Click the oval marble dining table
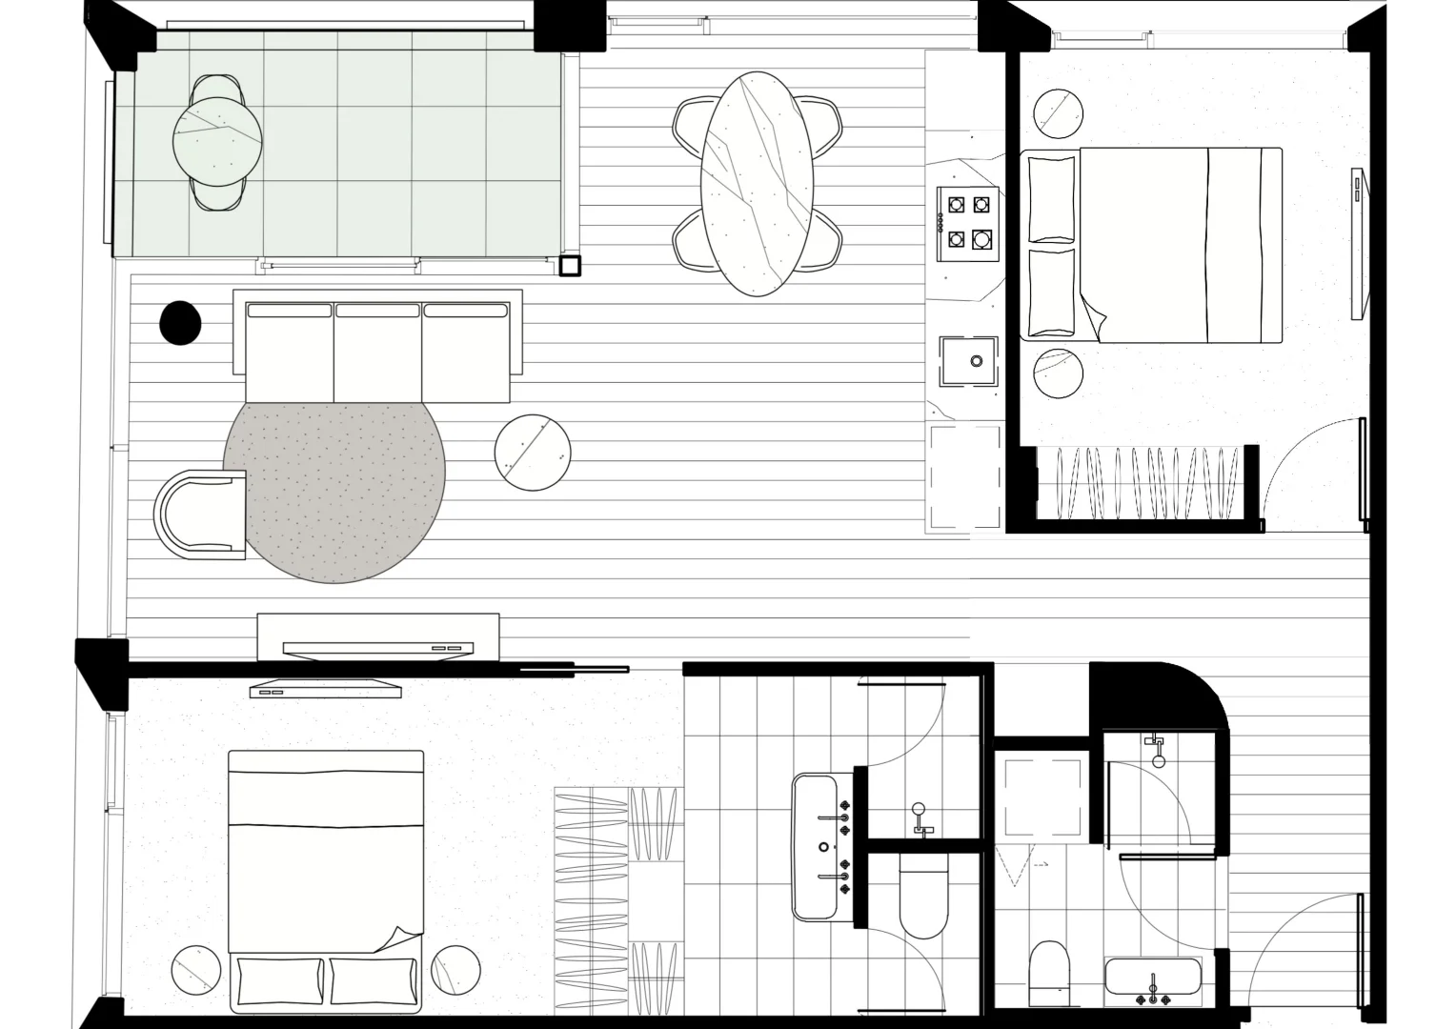point(758,184)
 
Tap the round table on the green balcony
point(217,140)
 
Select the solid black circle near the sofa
point(179,323)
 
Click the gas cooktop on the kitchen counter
point(969,223)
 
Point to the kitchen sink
point(968,361)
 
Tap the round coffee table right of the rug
point(533,453)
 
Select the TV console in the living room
point(378,636)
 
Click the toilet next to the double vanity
point(923,895)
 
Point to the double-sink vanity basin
point(816,846)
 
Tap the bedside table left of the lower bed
point(196,970)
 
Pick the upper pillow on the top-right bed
point(1052,198)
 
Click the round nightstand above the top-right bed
point(1058,113)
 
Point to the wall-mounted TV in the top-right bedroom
point(1359,244)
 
